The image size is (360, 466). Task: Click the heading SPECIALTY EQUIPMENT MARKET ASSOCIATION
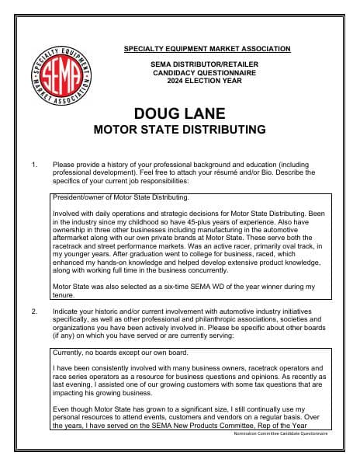click(207, 49)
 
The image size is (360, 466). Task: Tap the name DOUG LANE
click(179, 113)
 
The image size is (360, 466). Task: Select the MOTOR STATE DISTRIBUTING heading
click(179, 129)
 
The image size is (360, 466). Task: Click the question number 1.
click(34, 165)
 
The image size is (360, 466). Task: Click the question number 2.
click(34, 311)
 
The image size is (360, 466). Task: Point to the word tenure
click(63, 295)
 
